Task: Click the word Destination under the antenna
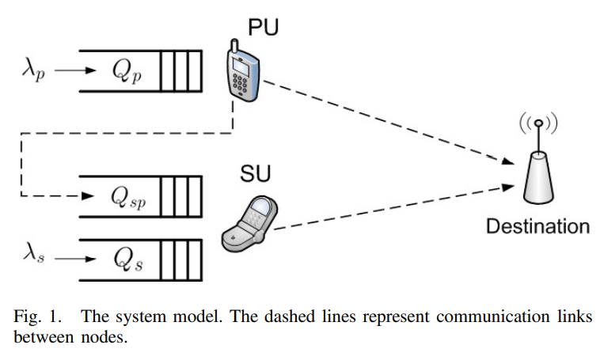(537, 227)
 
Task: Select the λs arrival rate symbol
(33, 255)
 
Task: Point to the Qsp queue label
(128, 196)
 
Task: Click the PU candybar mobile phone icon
(244, 74)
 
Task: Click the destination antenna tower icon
(538, 167)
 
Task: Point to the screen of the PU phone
(239, 63)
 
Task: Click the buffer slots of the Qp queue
(180, 71)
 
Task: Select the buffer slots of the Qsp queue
(180, 195)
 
